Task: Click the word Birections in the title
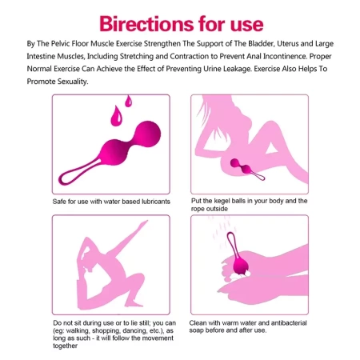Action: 146,24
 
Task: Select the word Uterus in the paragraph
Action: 287,43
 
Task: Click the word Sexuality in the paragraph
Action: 73,82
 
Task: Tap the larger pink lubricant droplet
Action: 116,116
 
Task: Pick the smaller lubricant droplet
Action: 128,101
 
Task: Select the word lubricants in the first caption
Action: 156,202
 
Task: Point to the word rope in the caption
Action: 198,209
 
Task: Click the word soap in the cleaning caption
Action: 197,330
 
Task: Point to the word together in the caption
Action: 65,346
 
